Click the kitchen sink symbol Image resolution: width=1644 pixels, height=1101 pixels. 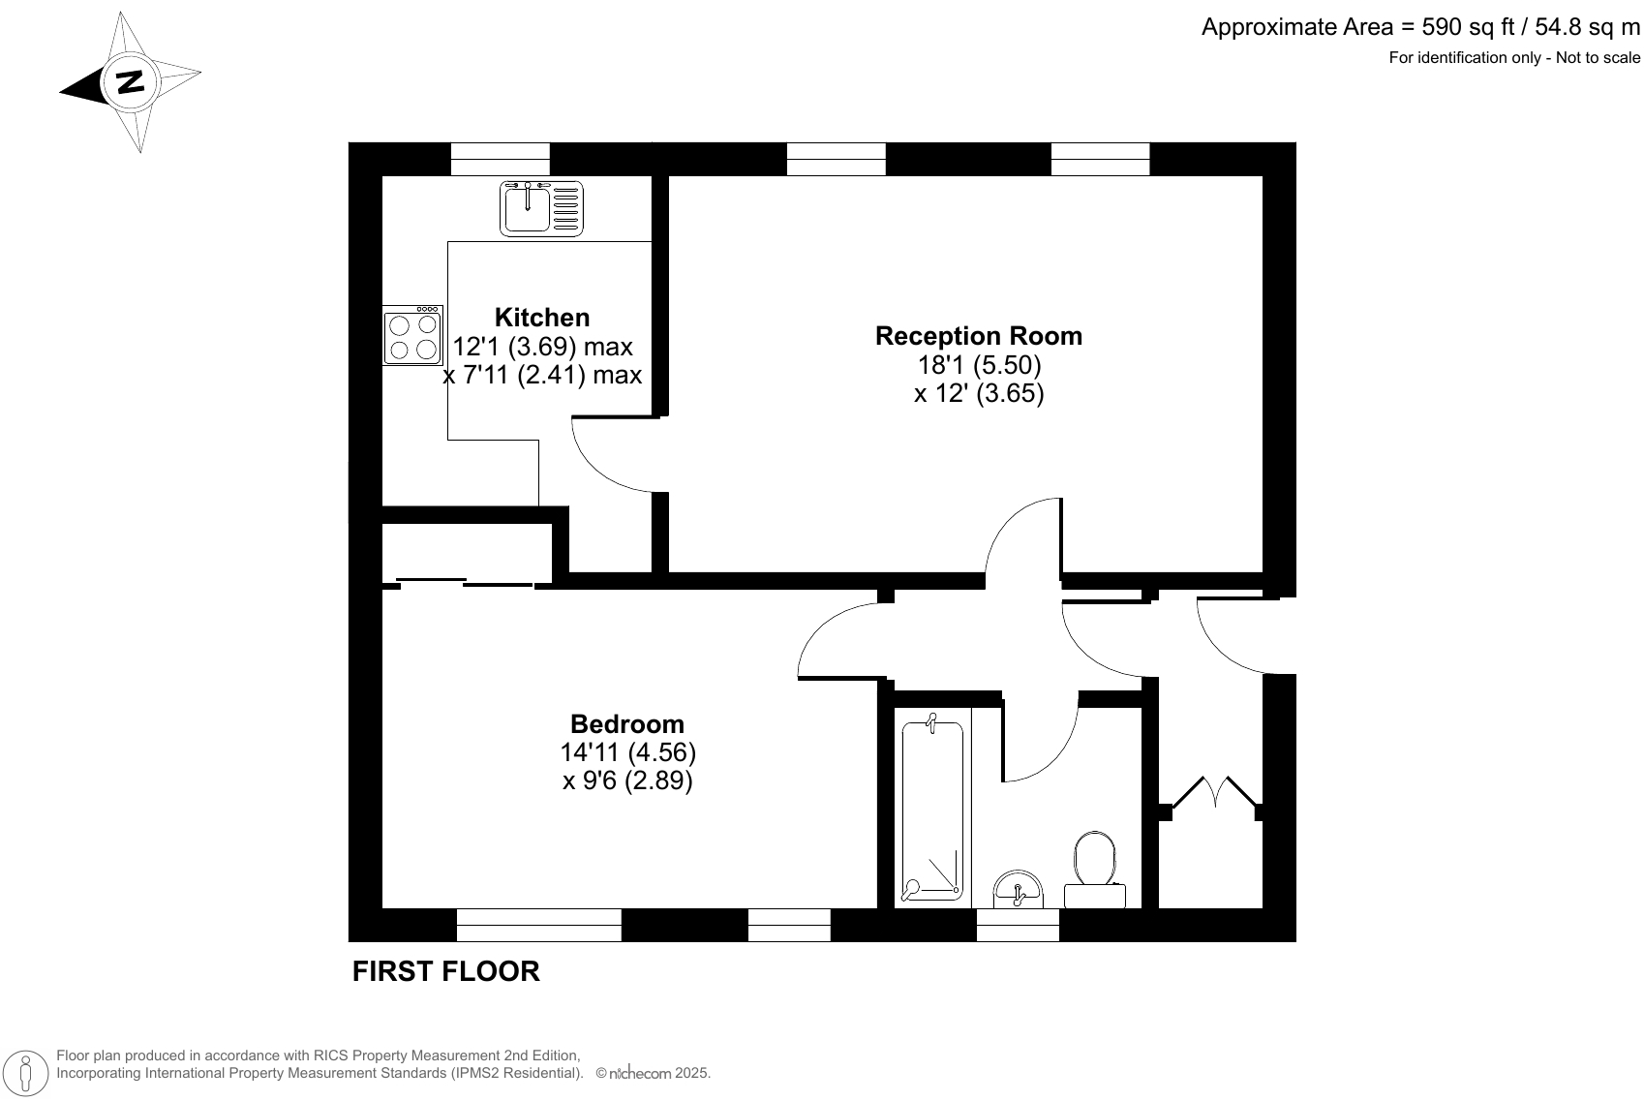pos(542,208)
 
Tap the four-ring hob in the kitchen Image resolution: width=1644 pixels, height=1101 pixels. pos(413,336)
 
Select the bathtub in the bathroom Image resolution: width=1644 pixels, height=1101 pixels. pos(932,807)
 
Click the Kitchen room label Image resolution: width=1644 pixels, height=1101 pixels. pos(541,318)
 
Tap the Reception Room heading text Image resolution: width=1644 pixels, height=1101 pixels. pos(978,336)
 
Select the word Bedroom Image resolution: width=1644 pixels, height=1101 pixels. pos(626,724)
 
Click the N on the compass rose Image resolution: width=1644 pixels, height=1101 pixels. pos(129,82)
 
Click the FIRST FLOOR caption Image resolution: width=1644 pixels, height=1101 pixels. pos(445,971)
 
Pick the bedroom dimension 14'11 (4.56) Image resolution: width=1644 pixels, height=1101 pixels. pos(627,752)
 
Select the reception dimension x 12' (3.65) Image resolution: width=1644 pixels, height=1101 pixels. pos(978,394)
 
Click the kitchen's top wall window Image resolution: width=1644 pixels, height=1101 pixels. pos(501,159)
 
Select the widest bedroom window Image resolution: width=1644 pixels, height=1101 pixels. pos(538,925)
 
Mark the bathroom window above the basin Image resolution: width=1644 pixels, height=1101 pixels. pos(1018,926)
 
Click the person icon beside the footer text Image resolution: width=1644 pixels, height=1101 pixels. pos(26,1072)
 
